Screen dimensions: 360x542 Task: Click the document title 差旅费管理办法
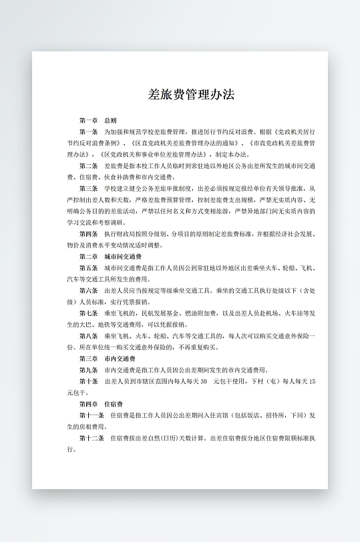(191, 94)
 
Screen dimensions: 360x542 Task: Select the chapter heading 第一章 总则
(98, 121)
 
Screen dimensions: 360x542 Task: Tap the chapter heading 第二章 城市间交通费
(110, 256)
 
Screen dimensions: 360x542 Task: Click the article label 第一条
(88, 132)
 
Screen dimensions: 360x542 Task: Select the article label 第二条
(88, 166)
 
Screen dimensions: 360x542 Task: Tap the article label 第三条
(88, 189)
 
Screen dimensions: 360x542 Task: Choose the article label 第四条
(88, 234)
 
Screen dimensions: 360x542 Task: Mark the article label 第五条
(88, 268)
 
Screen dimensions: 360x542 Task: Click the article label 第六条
(88, 291)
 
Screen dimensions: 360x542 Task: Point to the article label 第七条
(88, 313)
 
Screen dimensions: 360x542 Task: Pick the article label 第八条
(88, 336)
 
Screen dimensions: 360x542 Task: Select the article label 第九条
(88, 370)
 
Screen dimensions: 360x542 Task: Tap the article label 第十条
(88, 382)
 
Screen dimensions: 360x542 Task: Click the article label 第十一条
(91, 415)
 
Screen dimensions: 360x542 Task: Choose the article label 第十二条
(91, 439)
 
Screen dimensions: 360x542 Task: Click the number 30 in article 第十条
(203, 382)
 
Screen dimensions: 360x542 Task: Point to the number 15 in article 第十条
(312, 382)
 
